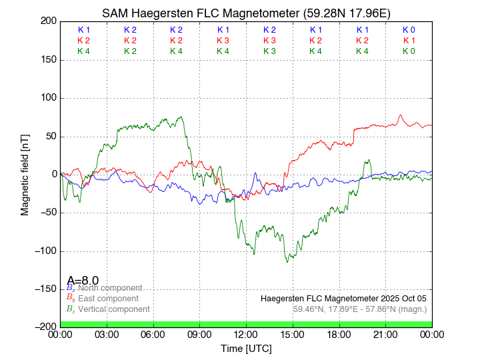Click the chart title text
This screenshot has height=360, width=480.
247,13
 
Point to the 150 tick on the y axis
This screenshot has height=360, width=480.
48,60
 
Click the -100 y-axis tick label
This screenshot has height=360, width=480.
45,251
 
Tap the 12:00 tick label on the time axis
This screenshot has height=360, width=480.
247,335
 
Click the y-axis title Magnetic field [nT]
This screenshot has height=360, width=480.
25,174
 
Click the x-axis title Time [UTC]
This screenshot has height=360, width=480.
247,349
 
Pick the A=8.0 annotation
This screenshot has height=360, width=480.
83,280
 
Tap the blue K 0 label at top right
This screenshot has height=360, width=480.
409,30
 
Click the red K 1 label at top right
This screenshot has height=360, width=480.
409,41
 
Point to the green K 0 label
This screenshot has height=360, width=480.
409,51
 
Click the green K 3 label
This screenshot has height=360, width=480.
269,51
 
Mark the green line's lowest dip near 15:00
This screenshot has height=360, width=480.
288,261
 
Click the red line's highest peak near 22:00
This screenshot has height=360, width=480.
401,115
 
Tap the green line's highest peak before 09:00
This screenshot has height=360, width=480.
181,117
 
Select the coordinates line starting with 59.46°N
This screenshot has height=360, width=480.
359,309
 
